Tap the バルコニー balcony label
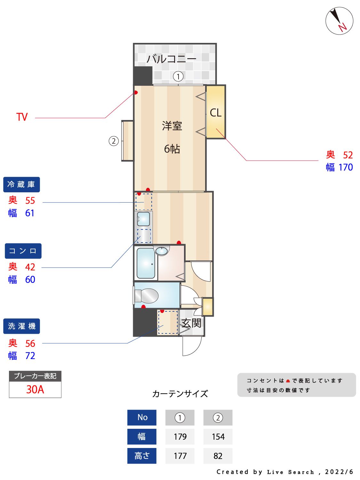point(171,59)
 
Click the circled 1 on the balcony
point(178,76)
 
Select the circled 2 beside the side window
point(114,141)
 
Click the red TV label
point(22,117)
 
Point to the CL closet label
point(215,113)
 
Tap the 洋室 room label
point(172,126)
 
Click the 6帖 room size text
point(172,149)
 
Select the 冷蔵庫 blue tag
point(21,185)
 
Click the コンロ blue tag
point(23,251)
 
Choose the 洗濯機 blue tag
point(21,326)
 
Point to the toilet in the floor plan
point(147,296)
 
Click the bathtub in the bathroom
point(146,263)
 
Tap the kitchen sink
point(143,219)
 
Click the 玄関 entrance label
point(191,323)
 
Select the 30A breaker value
point(35,389)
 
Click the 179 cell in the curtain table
point(180,437)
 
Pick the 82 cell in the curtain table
point(218,456)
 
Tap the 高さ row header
point(142,456)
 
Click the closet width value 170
point(346,167)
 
